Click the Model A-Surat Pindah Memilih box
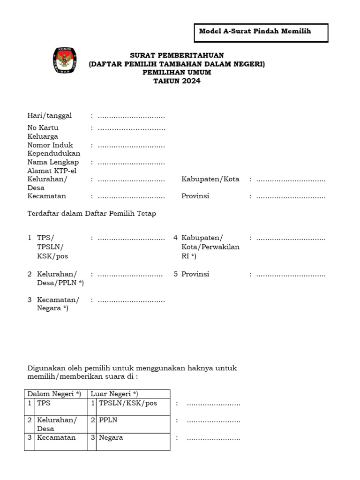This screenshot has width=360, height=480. click(x=261, y=32)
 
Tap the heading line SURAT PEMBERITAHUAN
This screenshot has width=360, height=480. click(x=177, y=55)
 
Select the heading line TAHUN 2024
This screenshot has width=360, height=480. click(x=177, y=81)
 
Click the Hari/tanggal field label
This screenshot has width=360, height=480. click(x=49, y=115)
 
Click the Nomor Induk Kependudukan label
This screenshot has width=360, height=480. click(x=53, y=149)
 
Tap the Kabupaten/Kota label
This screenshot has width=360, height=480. click(x=210, y=179)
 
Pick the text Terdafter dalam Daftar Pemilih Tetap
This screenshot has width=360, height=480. click(x=91, y=213)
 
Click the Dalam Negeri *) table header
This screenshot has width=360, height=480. click(x=54, y=393)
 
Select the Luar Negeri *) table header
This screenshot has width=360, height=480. click(x=114, y=393)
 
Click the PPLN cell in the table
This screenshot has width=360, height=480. click(x=108, y=420)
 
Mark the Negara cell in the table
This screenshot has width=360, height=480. click(x=111, y=437)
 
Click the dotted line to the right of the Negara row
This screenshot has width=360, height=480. click(x=213, y=438)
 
